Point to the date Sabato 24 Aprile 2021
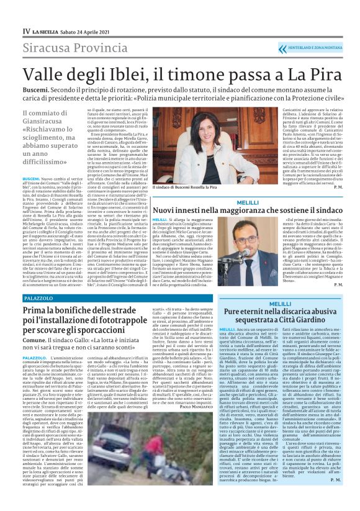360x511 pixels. click(x=84, y=30)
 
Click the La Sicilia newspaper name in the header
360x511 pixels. click(x=47, y=30)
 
